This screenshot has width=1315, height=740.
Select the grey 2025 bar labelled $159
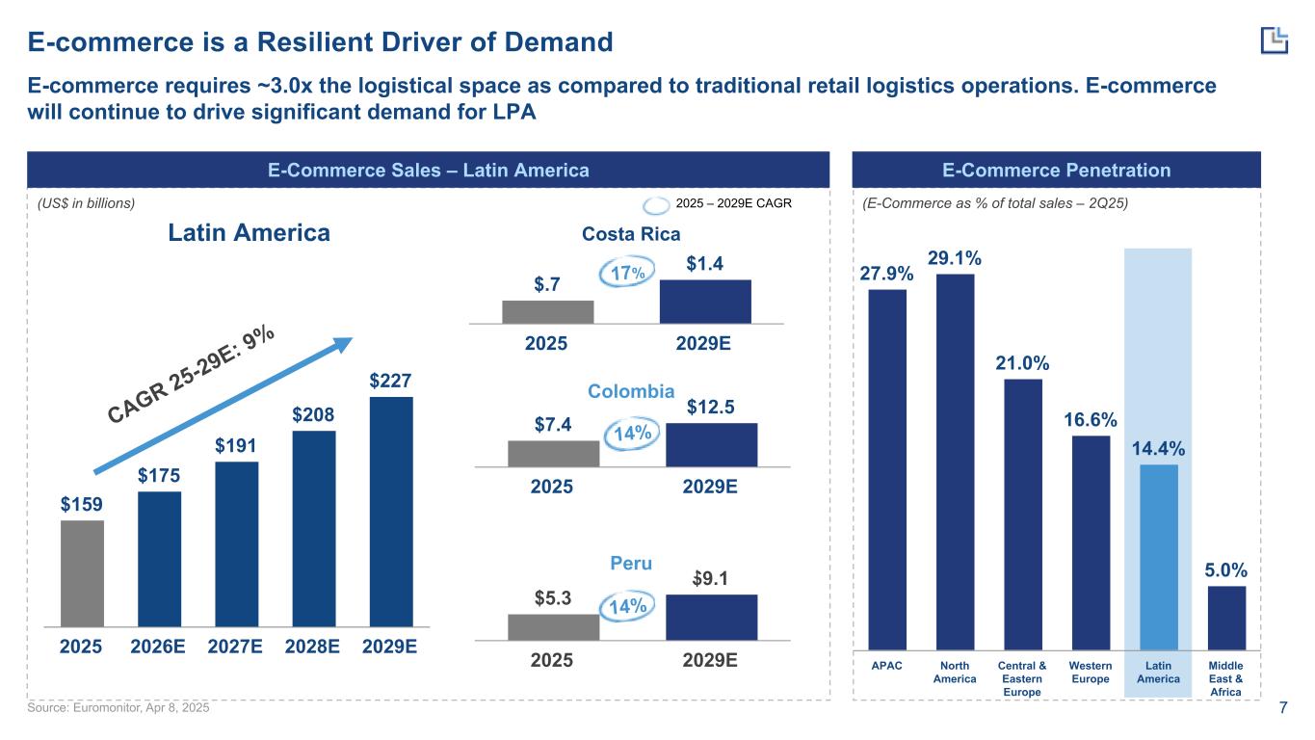pos(82,573)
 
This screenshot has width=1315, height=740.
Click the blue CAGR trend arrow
pos(222,405)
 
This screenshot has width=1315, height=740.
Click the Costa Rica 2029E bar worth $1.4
pos(705,302)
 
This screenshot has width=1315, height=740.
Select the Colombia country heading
pos(631,391)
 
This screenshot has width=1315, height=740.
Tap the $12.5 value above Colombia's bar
pos(711,408)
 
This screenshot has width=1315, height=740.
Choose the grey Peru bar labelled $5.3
pos(553,626)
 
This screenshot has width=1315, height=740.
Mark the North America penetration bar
pos(955,462)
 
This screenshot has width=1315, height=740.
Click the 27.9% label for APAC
pos(886,275)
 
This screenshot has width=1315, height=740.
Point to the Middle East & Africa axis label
pos(1225,678)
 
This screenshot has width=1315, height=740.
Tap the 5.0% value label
pos(1226,571)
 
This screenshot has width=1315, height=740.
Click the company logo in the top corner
pos(1274,40)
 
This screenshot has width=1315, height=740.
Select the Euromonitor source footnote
pos(118,708)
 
